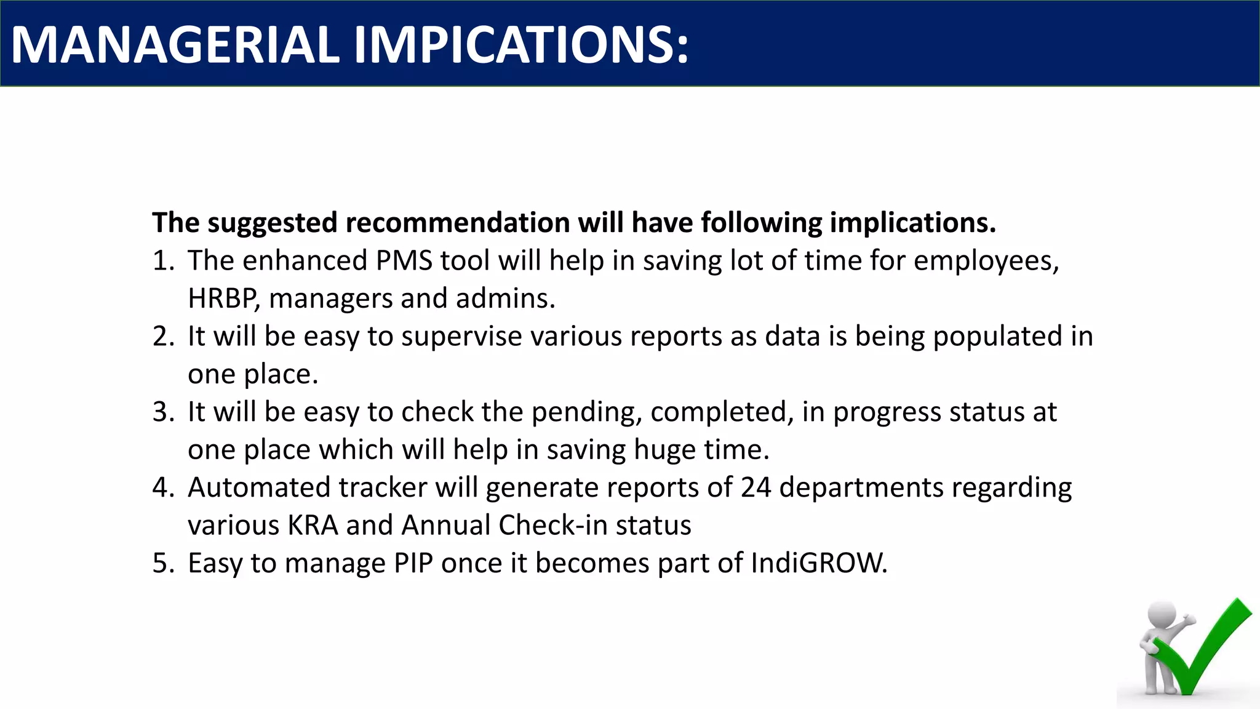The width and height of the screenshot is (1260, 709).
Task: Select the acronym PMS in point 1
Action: click(x=404, y=260)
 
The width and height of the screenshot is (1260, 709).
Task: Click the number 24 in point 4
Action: click(x=756, y=487)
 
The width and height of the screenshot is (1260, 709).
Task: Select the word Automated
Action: click(x=259, y=487)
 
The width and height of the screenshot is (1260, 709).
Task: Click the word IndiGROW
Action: click(x=819, y=563)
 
